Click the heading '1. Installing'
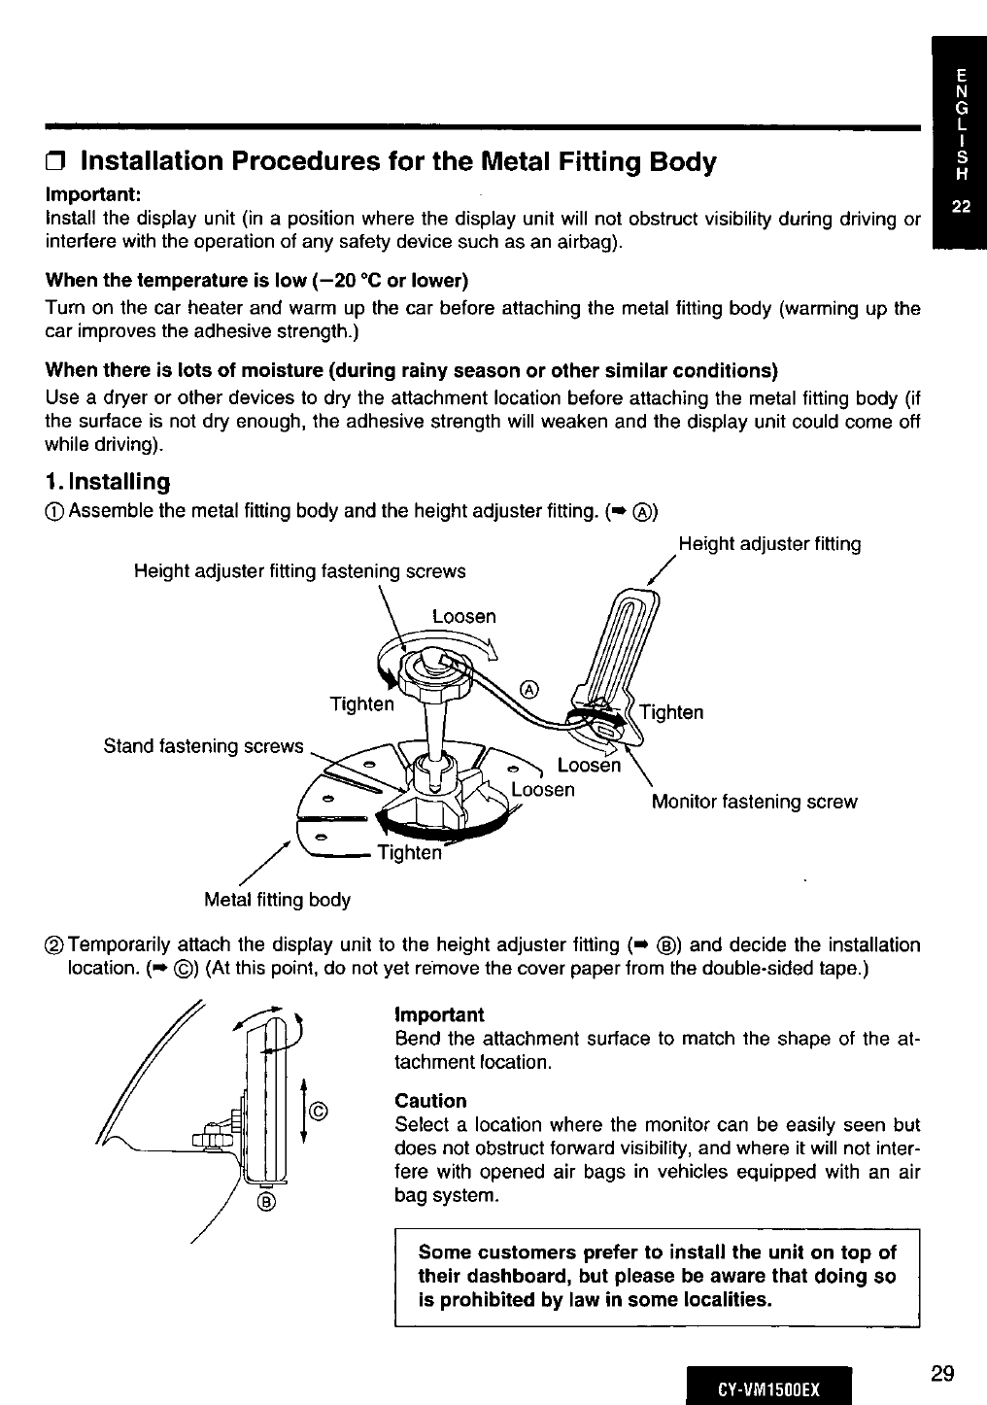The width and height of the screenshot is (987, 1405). tap(108, 482)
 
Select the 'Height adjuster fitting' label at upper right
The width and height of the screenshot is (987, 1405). tap(769, 544)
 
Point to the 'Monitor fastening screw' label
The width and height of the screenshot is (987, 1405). tap(754, 802)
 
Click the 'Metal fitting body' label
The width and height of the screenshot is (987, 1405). tap(278, 899)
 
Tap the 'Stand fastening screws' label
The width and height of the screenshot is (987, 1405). tap(204, 746)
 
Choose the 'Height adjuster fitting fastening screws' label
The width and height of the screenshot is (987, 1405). tap(299, 571)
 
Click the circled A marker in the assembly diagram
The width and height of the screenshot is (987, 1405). tap(529, 689)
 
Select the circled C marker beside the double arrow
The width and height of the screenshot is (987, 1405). tap(319, 1111)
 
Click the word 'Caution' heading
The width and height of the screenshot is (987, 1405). tap(430, 1101)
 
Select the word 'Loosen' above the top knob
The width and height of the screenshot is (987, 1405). tap(463, 617)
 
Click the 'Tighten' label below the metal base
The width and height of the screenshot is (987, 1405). tap(408, 852)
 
